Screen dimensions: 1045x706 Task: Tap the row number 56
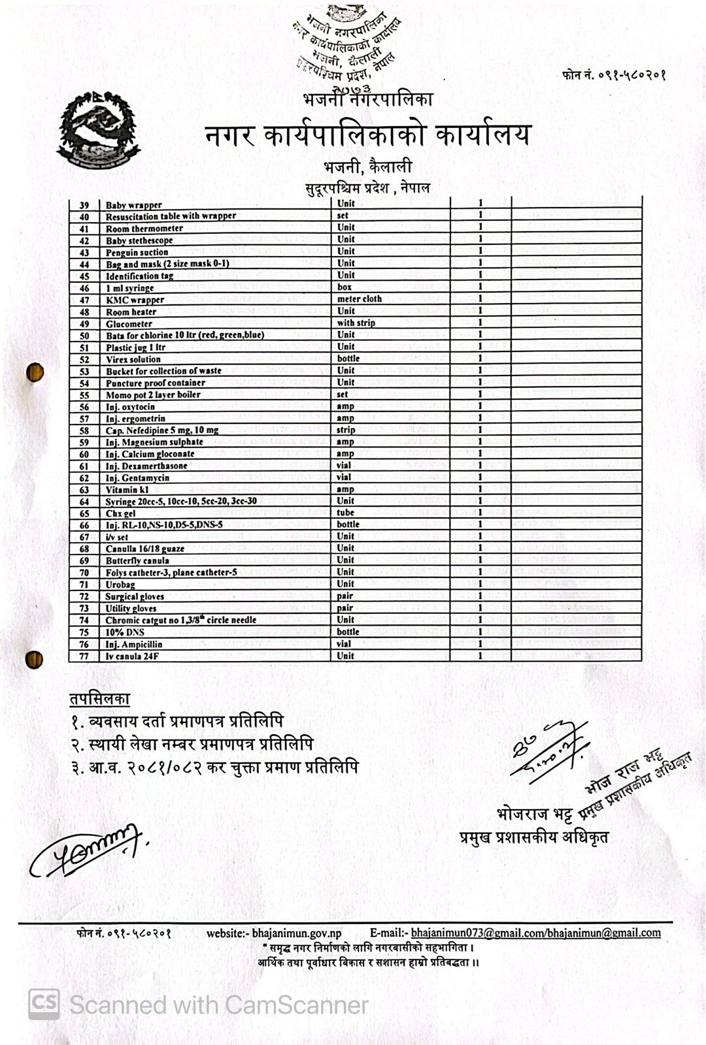coord(84,407)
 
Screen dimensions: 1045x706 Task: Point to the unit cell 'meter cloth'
coord(359,299)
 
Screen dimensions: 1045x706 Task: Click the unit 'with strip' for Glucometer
coord(356,323)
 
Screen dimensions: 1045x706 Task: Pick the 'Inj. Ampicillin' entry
coord(134,644)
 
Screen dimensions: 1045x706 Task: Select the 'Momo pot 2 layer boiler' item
coord(153,394)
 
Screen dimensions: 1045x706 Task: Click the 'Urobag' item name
coord(120,585)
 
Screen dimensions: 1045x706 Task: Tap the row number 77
coord(84,656)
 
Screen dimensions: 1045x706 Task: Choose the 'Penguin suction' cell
coord(137,252)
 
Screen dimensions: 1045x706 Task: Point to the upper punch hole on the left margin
coord(35,372)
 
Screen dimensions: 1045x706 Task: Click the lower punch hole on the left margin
coord(34,660)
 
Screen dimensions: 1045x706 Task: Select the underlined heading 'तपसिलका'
coord(100,699)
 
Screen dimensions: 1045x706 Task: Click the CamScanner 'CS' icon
coord(44,1004)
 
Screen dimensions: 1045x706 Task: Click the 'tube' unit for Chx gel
coord(345,513)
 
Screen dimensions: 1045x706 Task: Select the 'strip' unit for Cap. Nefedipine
coord(346,430)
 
